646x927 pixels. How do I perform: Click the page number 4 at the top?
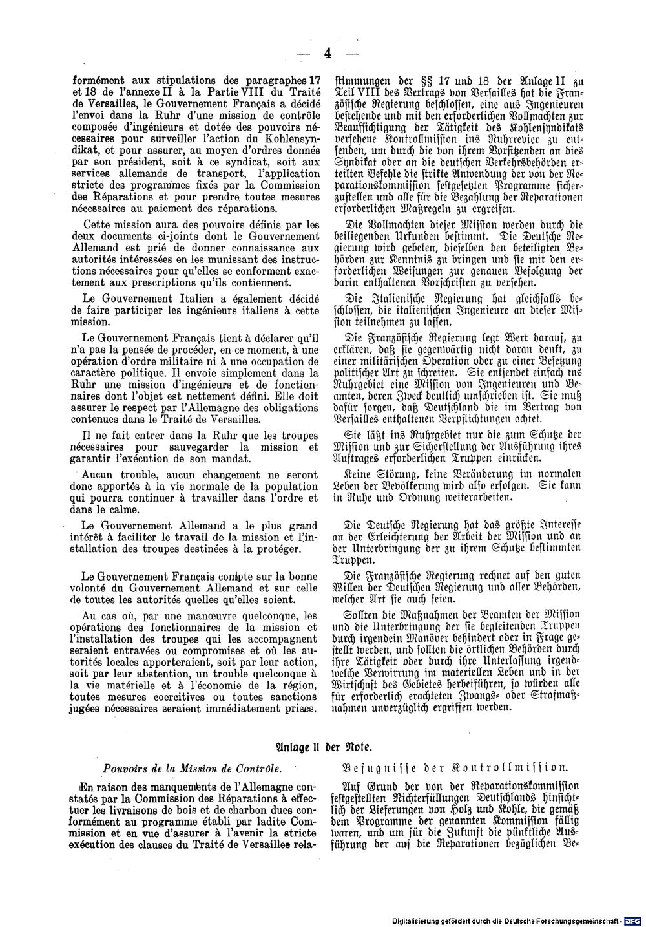pyautogui.click(x=328, y=54)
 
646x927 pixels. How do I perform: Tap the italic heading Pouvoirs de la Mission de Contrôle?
pyautogui.click(x=193, y=769)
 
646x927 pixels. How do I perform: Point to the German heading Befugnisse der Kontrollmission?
pyautogui.click(x=455, y=769)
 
